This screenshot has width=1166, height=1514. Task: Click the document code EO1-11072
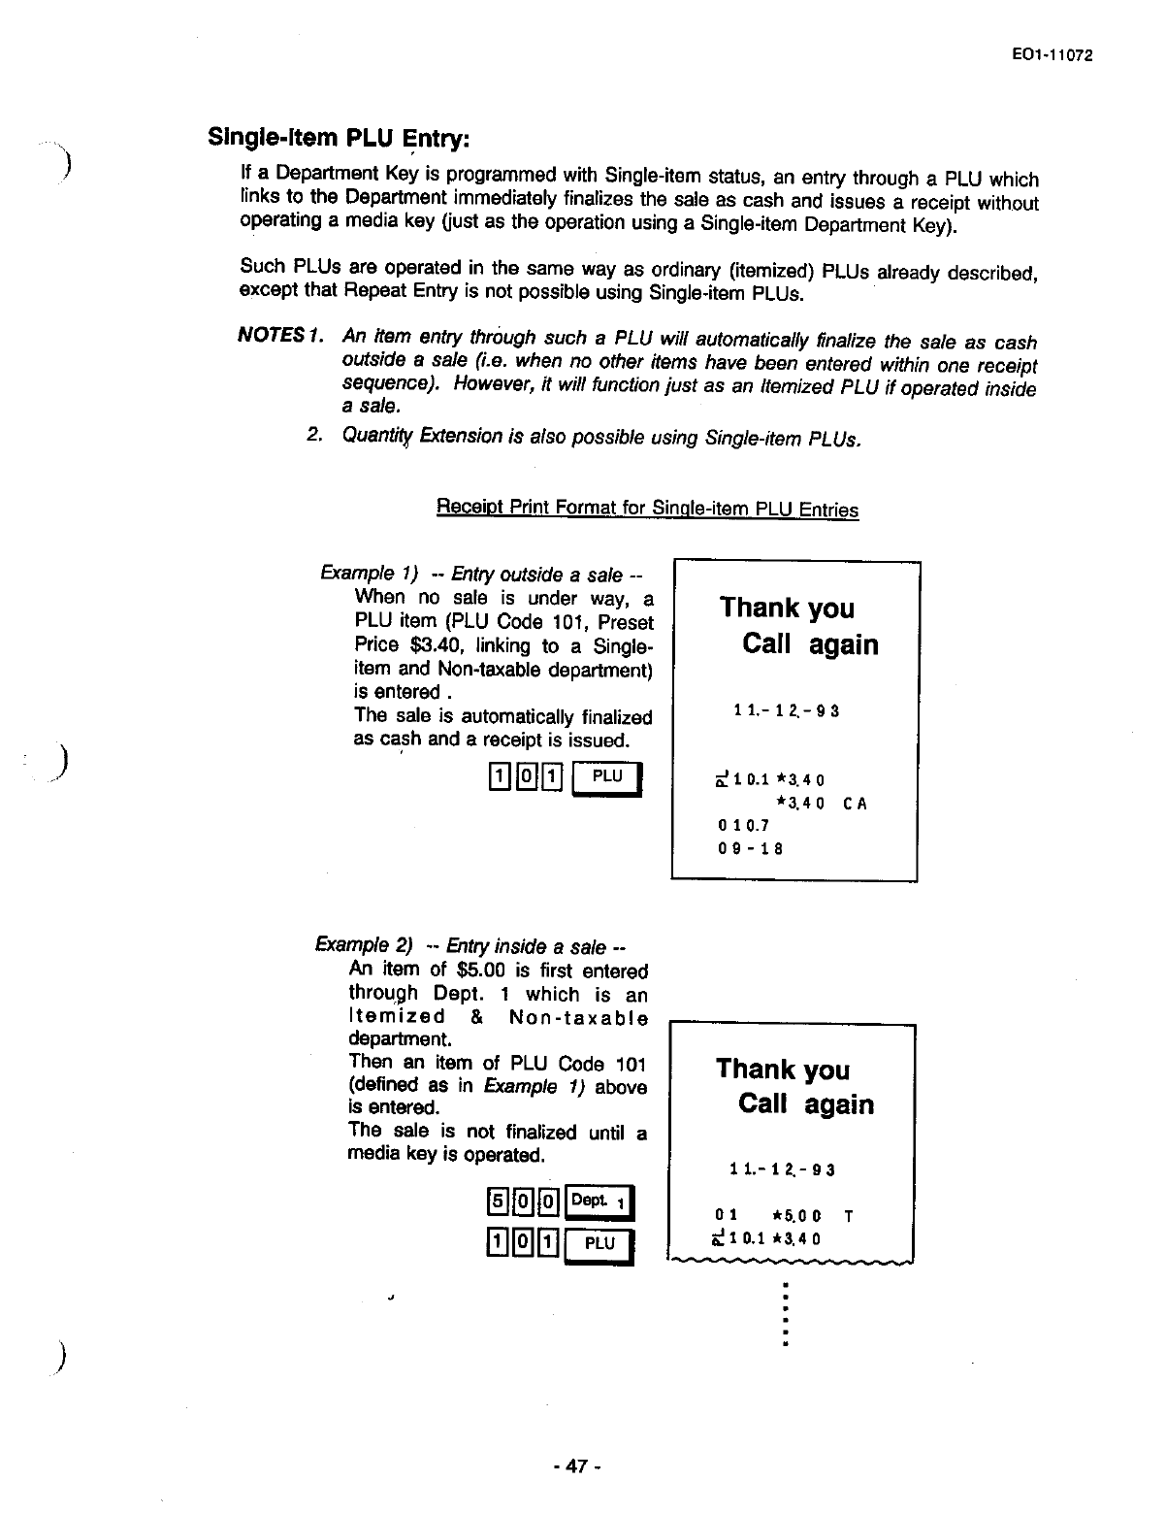[x=1051, y=55]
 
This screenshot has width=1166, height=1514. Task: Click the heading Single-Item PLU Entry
[x=339, y=137]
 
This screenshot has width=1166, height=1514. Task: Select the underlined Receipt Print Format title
[x=647, y=509]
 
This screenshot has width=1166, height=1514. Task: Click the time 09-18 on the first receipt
[x=750, y=848]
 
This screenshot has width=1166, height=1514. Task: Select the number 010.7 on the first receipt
[x=743, y=826]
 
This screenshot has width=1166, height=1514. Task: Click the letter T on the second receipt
[x=849, y=1215]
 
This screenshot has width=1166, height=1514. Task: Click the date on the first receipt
[x=786, y=711]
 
